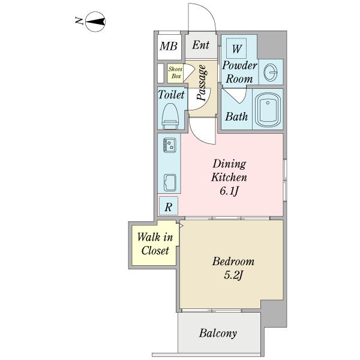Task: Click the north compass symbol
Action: coord(95,22)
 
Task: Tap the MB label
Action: coord(169,46)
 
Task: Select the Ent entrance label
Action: coord(201,45)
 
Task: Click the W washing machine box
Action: coord(236,49)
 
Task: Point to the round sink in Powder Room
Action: coord(271,72)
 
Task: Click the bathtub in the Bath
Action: coord(268,110)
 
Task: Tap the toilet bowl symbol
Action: coord(170,116)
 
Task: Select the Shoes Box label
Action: coord(176,73)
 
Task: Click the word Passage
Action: coord(202,83)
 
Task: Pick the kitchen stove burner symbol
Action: coord(170,145)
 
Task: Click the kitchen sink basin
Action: coord(170,182)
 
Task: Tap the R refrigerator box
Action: coord(169,206)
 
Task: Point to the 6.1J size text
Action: coord(229,191)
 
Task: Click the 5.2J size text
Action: coord(233,275)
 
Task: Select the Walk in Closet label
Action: coord(155,244)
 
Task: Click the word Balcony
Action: coord(218,334)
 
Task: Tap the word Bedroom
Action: coord(233,262)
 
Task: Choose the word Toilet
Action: coord(171,95)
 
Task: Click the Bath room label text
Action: coord(236,116)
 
